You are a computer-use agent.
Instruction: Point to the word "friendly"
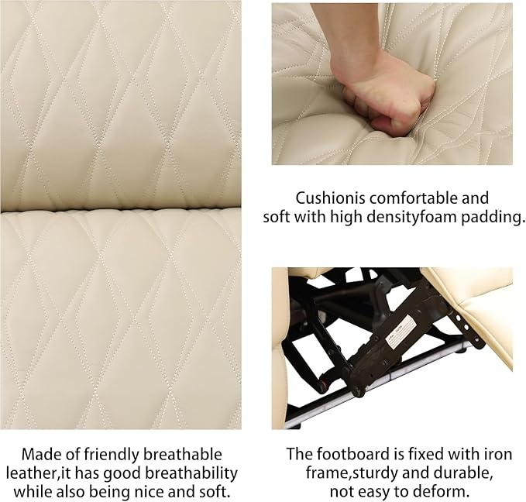click(112, 456)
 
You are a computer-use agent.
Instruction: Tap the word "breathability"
click(191, 474)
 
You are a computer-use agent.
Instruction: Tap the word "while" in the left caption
click(33, 492)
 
